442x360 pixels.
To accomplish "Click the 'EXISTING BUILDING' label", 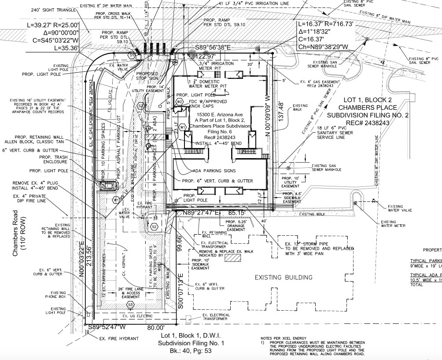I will pyautogui.click(x=284, y=278).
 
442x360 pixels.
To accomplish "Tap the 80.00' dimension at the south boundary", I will pyautogui.click(x=155, y=328).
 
